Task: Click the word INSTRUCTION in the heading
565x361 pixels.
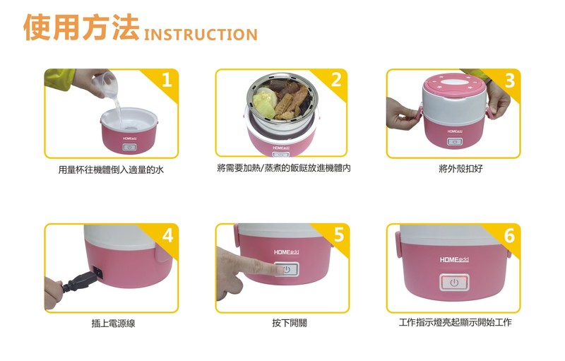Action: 201,35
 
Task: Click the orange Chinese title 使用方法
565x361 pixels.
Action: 81,27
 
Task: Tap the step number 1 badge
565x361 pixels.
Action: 167,79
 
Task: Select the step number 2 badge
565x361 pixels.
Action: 336,79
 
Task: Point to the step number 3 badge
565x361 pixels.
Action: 509,80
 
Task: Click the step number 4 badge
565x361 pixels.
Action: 167,235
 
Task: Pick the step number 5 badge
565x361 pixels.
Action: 338,235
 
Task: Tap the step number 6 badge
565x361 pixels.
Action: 509,236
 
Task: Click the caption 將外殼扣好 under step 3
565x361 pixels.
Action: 460,168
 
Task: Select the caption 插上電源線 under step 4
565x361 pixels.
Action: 113,323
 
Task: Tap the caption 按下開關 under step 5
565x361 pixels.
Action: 290,323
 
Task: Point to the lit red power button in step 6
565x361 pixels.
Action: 454,283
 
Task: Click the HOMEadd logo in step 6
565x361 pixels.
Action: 454,260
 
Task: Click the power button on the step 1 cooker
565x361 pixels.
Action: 129,147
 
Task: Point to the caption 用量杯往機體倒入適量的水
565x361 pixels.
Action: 111,170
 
